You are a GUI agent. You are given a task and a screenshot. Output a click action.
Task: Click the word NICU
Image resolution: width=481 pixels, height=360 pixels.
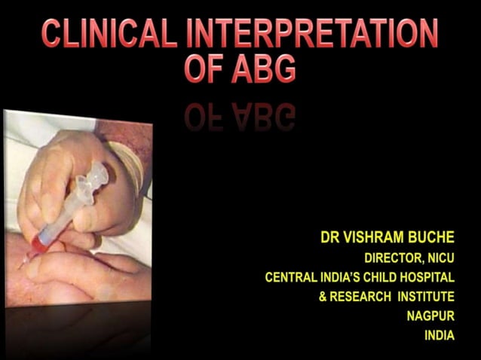[x=443, y=258]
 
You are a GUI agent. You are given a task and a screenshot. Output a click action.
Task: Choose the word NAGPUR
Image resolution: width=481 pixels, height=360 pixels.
[x=430, y=316]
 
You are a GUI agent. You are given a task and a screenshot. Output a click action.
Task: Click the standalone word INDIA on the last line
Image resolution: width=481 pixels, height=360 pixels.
[x=439, y=336]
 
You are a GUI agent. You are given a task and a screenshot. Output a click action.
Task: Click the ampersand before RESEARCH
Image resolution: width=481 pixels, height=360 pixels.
[x=323, y=297]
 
